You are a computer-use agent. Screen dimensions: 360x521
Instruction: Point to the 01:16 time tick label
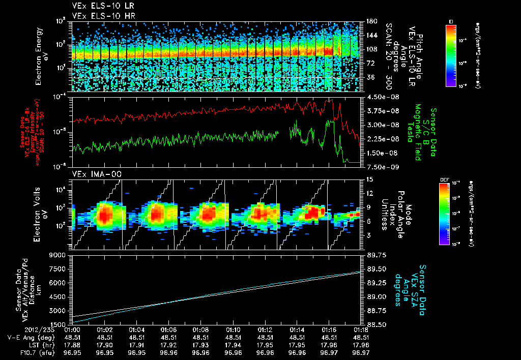[329, 329]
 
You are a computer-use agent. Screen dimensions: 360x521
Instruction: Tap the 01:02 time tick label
[104, 329]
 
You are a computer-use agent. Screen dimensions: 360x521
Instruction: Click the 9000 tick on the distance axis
[59, 255]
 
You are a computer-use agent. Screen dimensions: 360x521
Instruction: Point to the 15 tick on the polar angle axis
[368, 179]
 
